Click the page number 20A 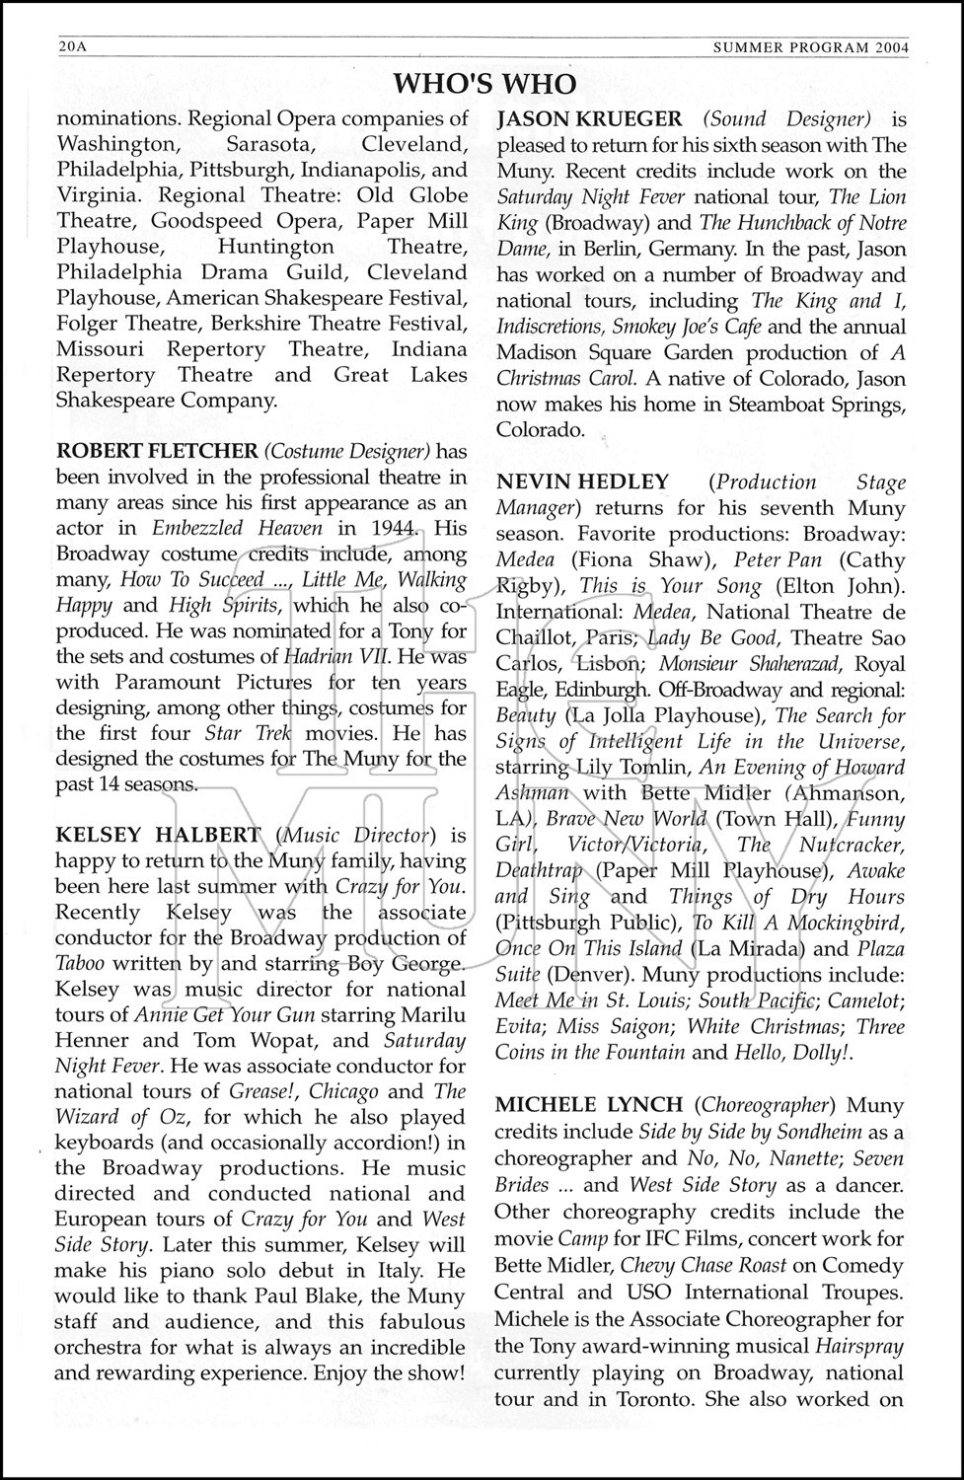pos(72,47)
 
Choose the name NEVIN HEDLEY pos(582,482)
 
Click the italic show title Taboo pos(83,964)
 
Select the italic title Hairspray pos(859,1346)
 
